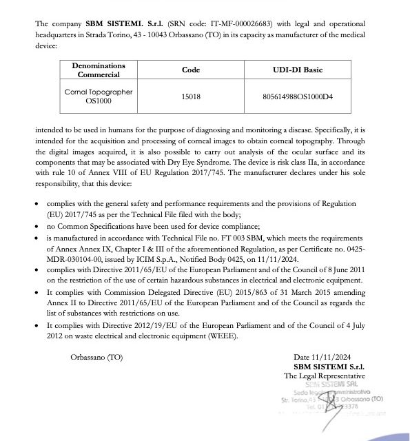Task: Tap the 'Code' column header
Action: tap(190, 70)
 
